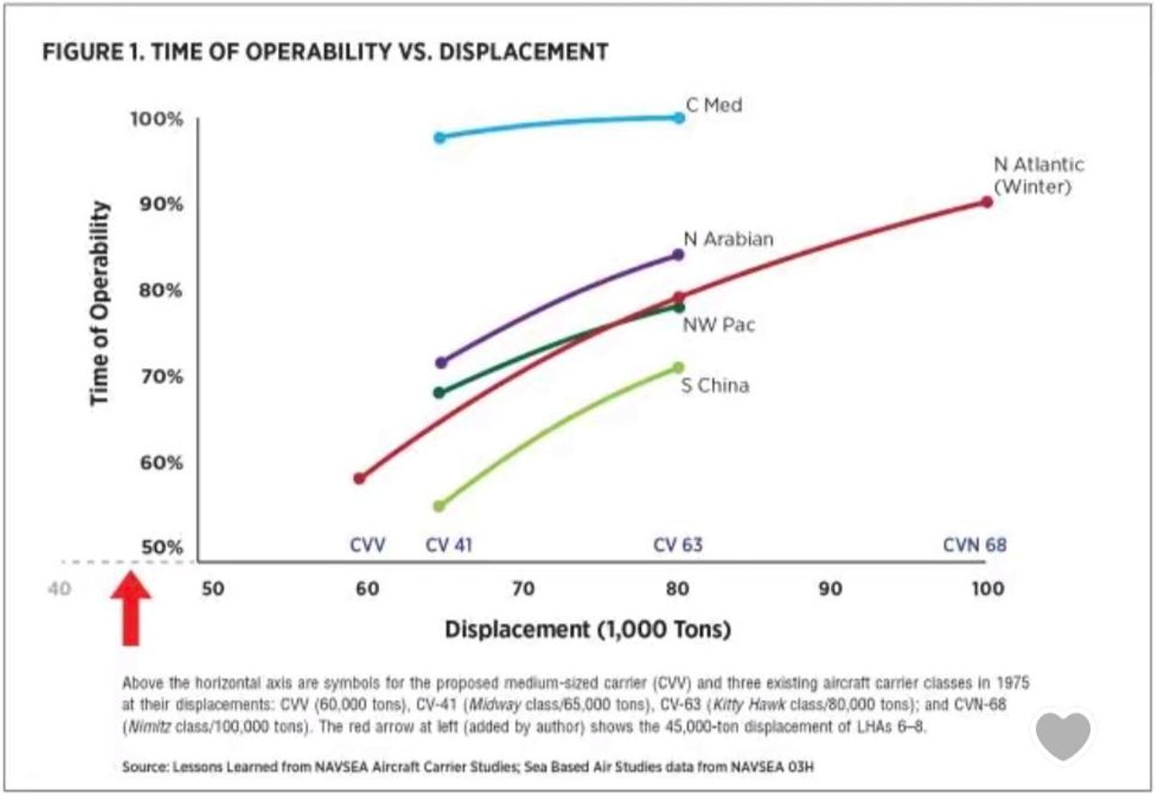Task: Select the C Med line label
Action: point(714,105)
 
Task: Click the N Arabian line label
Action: point(728,239)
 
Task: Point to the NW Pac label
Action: point(718,325)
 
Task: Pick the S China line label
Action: point(715,385)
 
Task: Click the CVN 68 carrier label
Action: point(975,545)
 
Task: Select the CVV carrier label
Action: point(367,545)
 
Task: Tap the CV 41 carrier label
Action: point(448,545)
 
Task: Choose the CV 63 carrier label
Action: point(678,545)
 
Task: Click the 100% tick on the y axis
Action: point(157,119)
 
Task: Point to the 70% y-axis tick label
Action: point(161,377)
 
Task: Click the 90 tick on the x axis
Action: point(830,589)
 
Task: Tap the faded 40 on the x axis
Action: point(59,589)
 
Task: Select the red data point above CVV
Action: point(359,478)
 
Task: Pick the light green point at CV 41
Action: point(438,506)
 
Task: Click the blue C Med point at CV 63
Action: point(680,118)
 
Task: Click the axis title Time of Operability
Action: point(100,303)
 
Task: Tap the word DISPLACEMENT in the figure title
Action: point(523,52)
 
